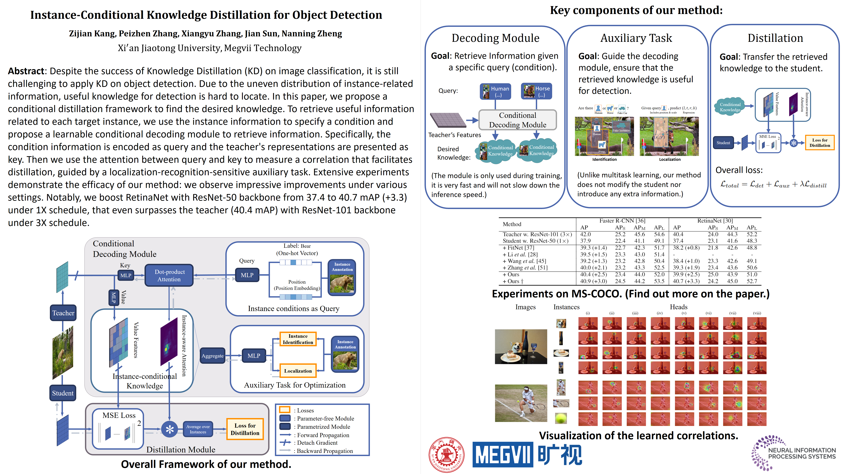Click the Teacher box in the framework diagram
click(63, 313)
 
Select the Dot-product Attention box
click(169, 276)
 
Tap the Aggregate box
click(212, 356)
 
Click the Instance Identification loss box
click(298, 339)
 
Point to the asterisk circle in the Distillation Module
click(170, 429)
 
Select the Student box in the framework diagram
click(63, 393)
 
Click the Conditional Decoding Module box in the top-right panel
click(517, 120)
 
